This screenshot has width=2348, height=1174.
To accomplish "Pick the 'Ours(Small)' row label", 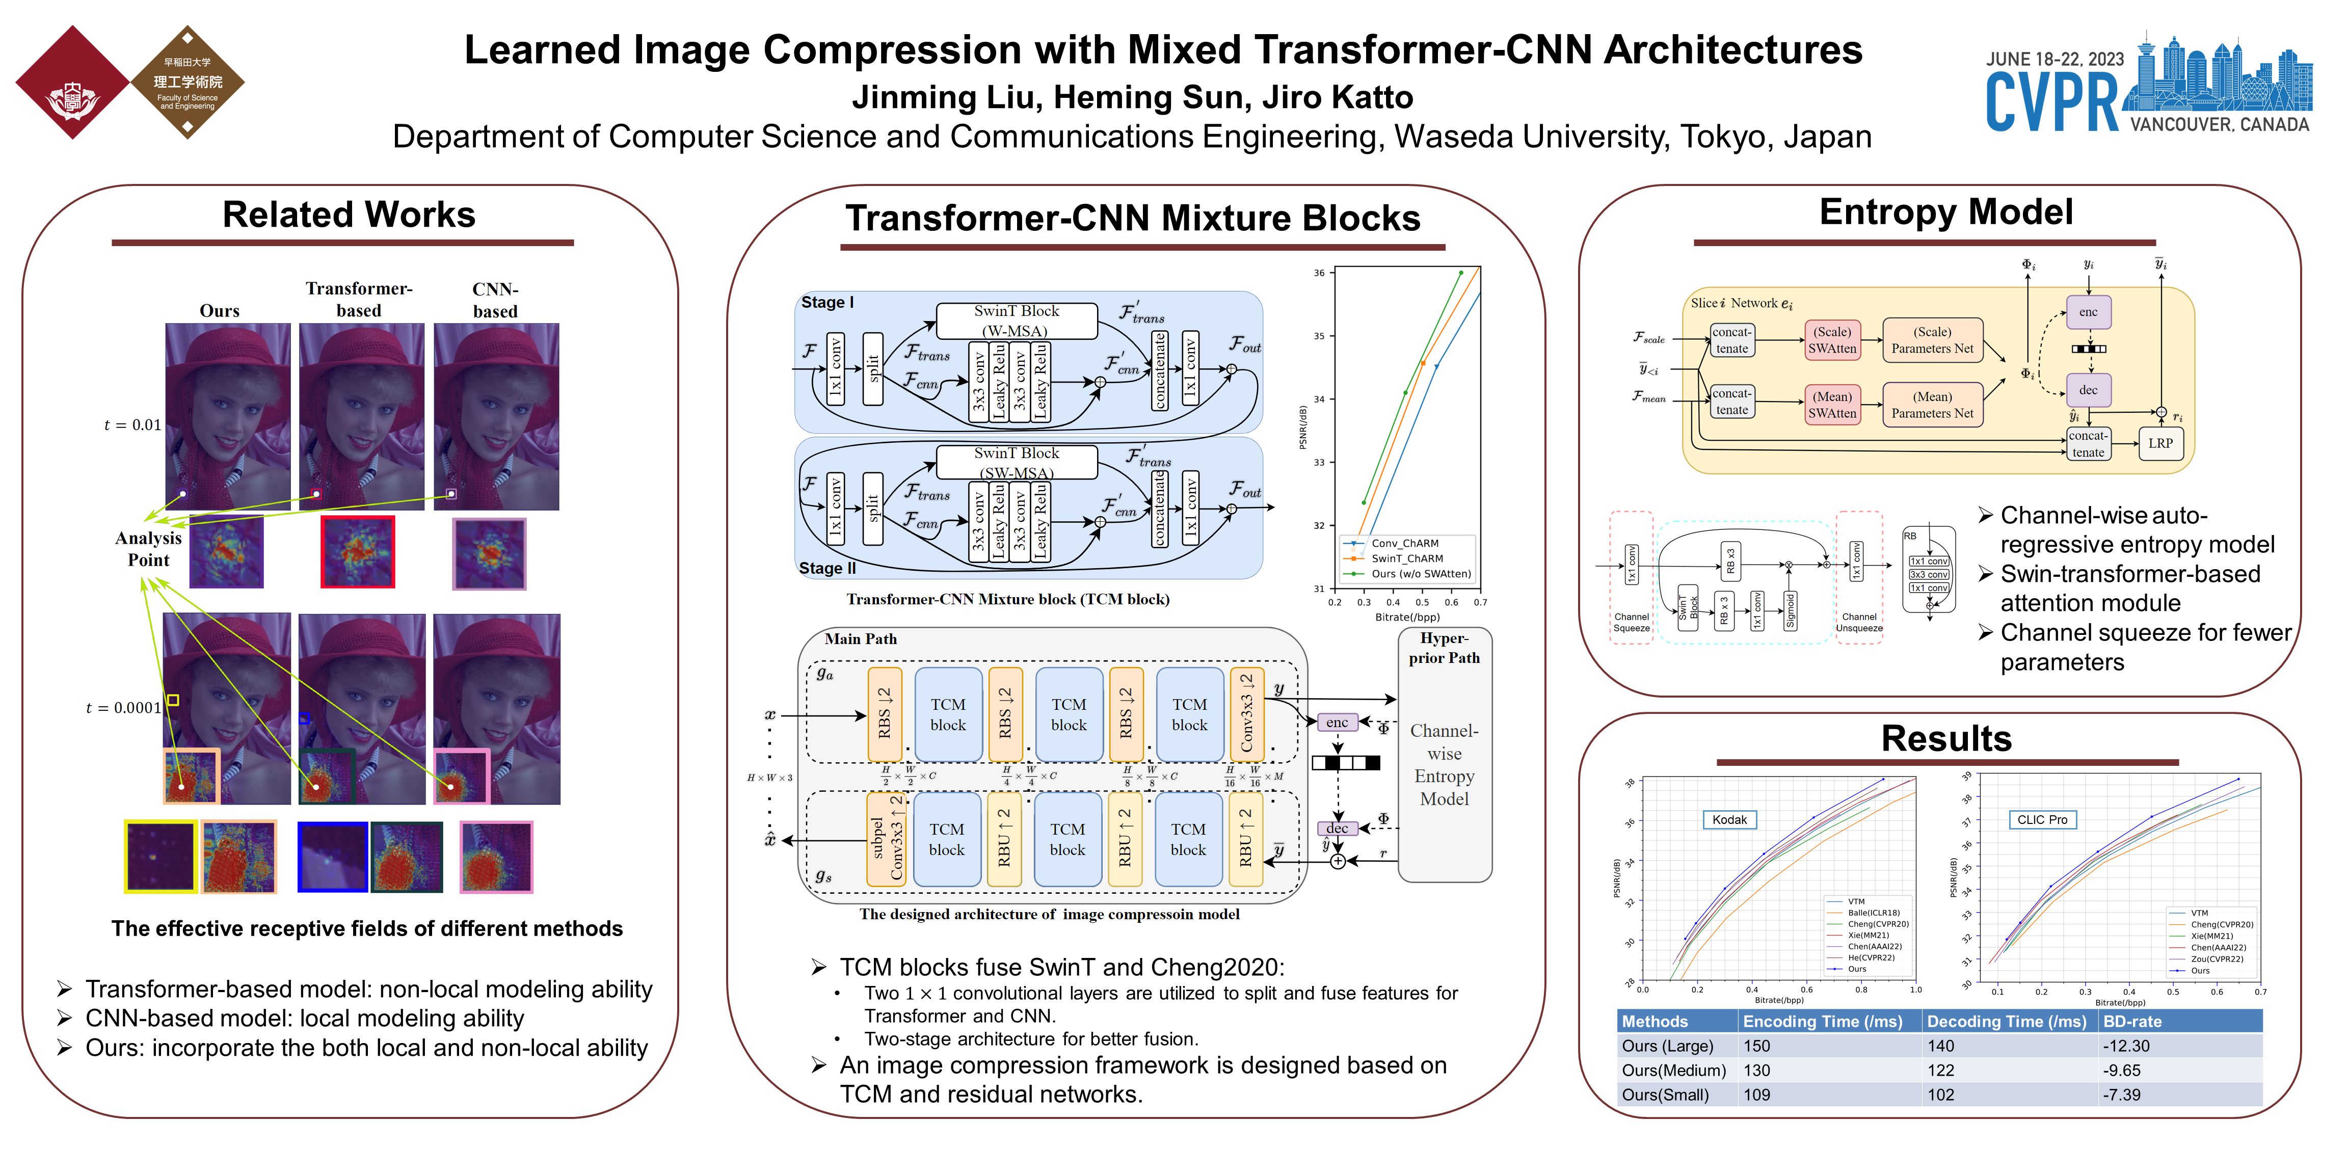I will (x=1665, y=1095).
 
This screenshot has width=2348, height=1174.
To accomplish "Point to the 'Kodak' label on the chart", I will (x=1728, y=819).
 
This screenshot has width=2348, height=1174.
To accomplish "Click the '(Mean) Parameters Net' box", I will (x=1932, y=405).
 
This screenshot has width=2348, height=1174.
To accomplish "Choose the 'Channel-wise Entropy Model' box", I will (x=1444, y=764).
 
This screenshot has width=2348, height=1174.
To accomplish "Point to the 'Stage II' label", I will (x=826, y=568).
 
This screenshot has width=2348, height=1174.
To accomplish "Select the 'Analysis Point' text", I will (x=149, y=549).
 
